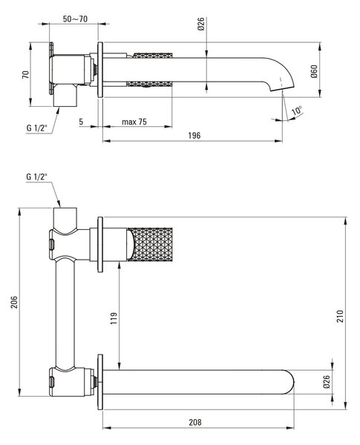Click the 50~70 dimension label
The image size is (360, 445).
click(x=75, y=19)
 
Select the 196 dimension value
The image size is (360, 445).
click(x=194, y=136)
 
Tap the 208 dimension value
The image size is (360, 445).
click(x=195, y=422)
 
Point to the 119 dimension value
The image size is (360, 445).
click(x=114, y=318)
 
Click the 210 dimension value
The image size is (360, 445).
click(x=340, y=316)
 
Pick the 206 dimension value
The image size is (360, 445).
click(x=14, y=302)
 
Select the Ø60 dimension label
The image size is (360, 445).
click(x=314, y=71)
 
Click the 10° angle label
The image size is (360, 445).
click(x=297, y=110)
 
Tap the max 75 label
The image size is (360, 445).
click(x=134, y=122)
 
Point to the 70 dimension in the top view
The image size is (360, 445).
click(x=25, y=75)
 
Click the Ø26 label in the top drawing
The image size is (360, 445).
click(x=200, y=24)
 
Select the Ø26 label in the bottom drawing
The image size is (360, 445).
click(x=326, y=381)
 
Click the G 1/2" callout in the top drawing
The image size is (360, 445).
click(x=36, y=128)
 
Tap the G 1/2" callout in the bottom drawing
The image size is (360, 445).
click(x=36, y=177)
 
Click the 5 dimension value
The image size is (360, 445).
click(x=81, y=122)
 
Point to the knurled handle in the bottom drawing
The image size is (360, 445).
click(x=150, y=244)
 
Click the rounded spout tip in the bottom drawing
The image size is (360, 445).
click(x=289, y=382)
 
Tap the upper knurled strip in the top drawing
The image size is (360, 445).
click(x=153, y=56)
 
